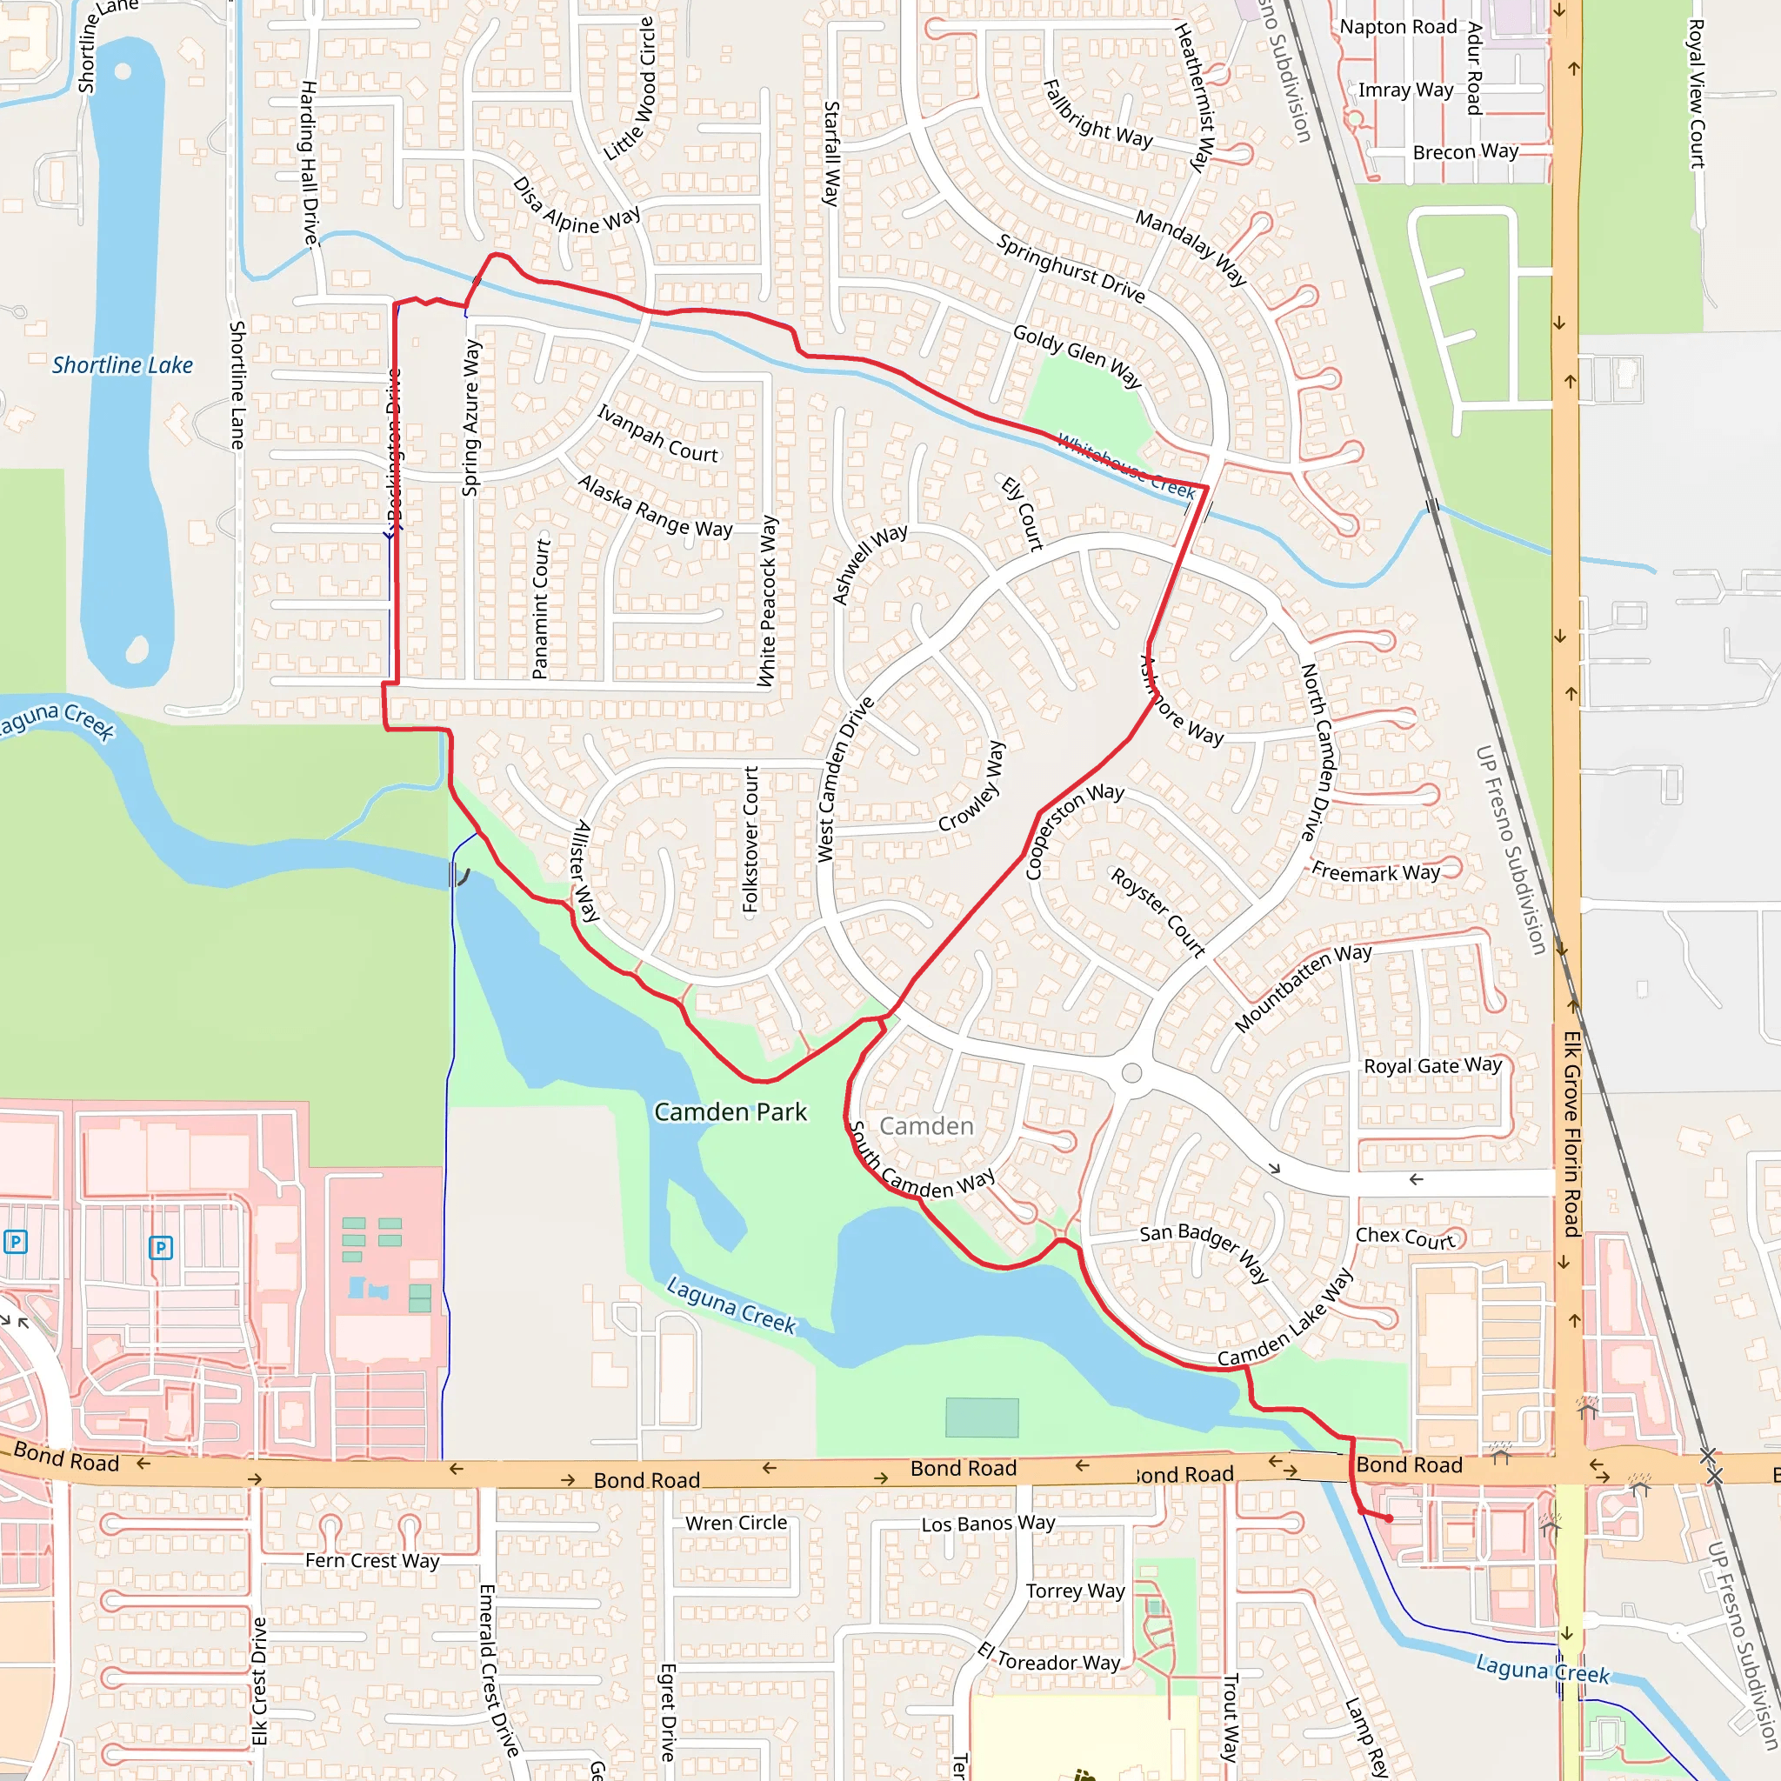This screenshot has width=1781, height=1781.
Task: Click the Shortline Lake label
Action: click(x=123, y=365)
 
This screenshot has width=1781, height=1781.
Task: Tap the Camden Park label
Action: click(x=730, y=1111)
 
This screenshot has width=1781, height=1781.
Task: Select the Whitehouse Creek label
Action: click(x=1125, y=465)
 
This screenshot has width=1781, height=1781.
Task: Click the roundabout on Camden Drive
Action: click(x=1132, y=1073)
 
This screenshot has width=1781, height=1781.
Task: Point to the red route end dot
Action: click(x=1389, y=1518)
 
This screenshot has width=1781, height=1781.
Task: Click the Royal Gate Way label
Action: click(x=1432, y=1065)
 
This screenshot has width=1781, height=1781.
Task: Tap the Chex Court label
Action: click(x=1405, y=1238)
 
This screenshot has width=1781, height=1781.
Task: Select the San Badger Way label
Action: click(x=1204, y=1252)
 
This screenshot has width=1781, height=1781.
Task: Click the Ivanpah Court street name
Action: click(x=657, y=433)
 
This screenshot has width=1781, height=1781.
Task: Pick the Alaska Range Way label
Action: click(x=655, y=505)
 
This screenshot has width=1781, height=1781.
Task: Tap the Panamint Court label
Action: click(x=541, y=609)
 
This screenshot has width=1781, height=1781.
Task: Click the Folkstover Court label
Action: click(x=750, y=839)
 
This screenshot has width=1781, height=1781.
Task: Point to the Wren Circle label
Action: click(x=736, y=1523)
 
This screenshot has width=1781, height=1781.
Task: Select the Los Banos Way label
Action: click(x=988, y=1524)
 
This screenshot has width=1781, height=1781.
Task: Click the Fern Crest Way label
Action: click(x=372, y=1561)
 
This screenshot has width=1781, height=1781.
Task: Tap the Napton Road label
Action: click(x=1397, y=27)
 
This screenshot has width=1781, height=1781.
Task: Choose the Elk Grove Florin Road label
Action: click(x=1571, y=1134)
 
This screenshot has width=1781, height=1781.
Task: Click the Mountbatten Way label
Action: click(x=1303, y=987)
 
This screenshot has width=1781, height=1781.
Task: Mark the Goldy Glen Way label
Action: click(x=1077, y=356)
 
